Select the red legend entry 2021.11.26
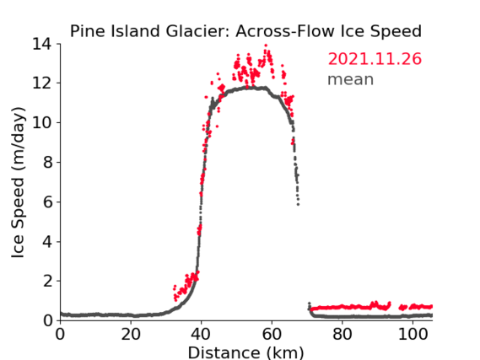pos(375,59)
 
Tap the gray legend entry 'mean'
pos(351,79)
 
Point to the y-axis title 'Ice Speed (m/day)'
pos(18,183)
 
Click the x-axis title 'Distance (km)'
pos(245,353)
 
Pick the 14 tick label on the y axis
pos(41,45)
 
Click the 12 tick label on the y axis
pos(41,83)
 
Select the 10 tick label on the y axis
pos(41,122)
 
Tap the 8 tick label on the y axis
pos(47,162)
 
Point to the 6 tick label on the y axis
pos(47,201)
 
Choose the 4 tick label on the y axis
pos(47,242)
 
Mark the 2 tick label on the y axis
pos(47,281)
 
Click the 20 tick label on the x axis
pos(131,335)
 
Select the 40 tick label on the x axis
pos(201,335)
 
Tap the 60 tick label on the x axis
pos(272,335)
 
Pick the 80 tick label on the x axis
pos(342,335)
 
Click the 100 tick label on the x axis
pos(413,335)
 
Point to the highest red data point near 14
pos(266,46)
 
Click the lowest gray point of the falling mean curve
pos(298,204)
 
